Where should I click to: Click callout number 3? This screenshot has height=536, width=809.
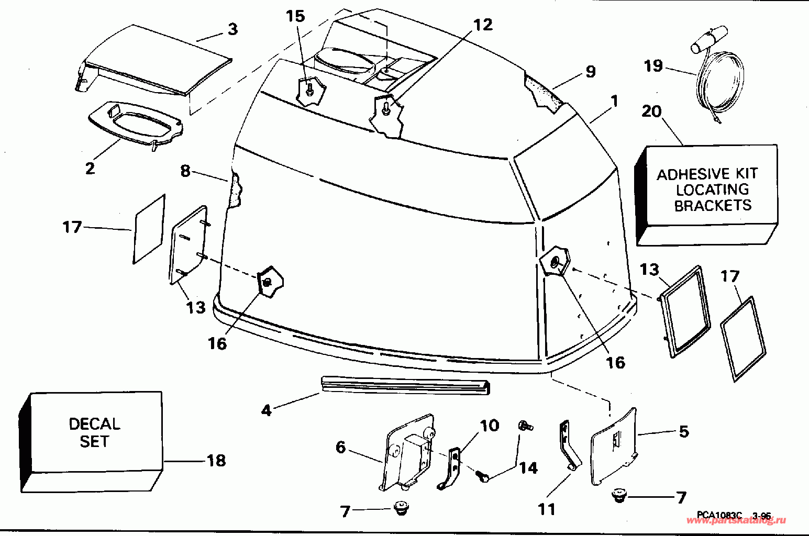(232, 29)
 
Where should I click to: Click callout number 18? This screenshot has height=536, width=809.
(216, 461)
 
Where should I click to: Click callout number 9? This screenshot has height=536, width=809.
(591, 71)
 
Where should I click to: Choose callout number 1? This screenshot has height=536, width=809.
(614, 100)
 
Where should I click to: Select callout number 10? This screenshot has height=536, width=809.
(490, 426)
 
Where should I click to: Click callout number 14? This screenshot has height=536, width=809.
(528, 467)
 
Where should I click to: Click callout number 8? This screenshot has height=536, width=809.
(185, 171)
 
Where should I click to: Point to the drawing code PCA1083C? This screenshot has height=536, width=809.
(719, 516)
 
